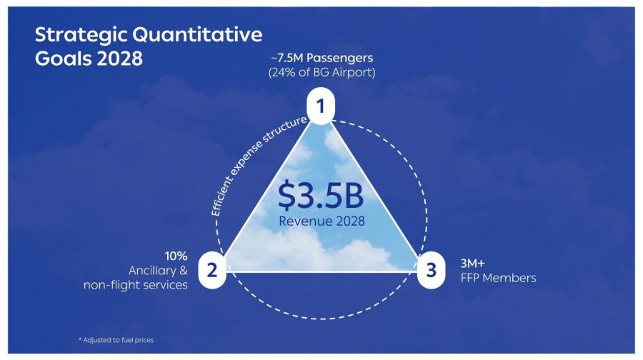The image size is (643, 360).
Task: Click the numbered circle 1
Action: tap(321, 106)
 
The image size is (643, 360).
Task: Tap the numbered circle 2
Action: tap(212, 270)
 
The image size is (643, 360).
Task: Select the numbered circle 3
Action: tap(431, 270)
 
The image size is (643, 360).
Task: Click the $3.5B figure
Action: tap(321, 195)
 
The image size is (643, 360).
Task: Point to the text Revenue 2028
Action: tap(321, 221)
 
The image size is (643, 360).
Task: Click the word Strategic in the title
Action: tap(81, 35)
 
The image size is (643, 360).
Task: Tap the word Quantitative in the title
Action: tap(198, 35)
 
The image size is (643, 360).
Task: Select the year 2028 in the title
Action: tap(120, 59)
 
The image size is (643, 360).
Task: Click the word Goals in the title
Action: tap(63, 59)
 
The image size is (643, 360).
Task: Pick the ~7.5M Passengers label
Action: tap(322, 58)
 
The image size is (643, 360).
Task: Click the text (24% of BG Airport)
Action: tap(322, 73)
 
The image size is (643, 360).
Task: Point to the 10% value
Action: tap(176, 256)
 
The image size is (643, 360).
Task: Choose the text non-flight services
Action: tap(135, 284)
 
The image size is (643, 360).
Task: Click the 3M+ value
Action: tap(472, 263)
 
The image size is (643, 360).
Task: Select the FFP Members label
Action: tap(498, 278)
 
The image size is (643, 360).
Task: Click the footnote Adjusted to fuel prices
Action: tap(118, 340)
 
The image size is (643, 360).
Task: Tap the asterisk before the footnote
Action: tap(80, 339)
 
